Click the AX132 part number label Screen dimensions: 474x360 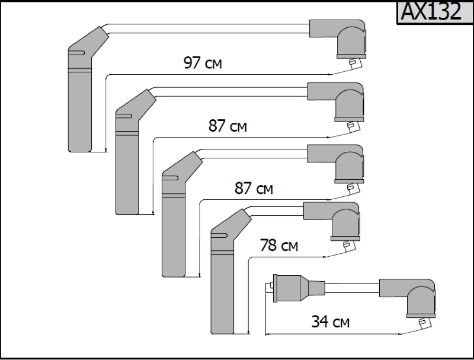431,12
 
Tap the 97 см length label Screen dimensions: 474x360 203,63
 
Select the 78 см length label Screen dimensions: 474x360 279,245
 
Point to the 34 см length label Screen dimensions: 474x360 330,322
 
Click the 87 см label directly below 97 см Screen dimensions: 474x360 228,126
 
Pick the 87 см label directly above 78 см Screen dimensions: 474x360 254,189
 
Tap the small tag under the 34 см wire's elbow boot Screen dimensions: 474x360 423,322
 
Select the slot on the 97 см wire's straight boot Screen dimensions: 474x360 75,54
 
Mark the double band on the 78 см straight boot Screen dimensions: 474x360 222,253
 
